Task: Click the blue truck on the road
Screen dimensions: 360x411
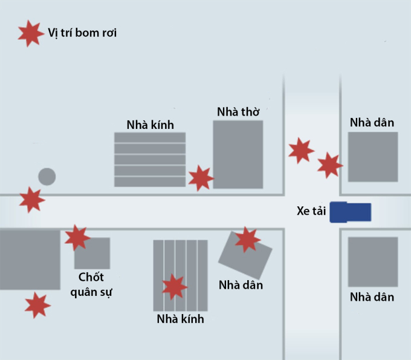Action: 351,212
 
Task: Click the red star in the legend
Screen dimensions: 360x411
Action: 31,33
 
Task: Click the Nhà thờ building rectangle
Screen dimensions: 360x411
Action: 238,154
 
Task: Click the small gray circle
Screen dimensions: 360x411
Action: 47,177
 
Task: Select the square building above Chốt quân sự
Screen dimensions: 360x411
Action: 92,253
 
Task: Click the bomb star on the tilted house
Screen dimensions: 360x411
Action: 247,240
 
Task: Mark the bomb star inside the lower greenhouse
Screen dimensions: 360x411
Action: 175,286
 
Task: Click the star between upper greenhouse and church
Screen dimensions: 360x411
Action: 201,178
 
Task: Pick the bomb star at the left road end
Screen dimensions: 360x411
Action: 31,199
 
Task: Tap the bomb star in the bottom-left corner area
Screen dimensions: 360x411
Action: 37,305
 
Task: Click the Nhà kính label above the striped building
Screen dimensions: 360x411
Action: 150,125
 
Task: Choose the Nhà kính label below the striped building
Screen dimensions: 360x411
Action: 180,319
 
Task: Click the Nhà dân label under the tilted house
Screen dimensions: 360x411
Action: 241,284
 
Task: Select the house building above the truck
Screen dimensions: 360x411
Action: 372,157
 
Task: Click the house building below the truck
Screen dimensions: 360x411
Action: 372,261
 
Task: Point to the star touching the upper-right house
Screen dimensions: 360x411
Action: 329,165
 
